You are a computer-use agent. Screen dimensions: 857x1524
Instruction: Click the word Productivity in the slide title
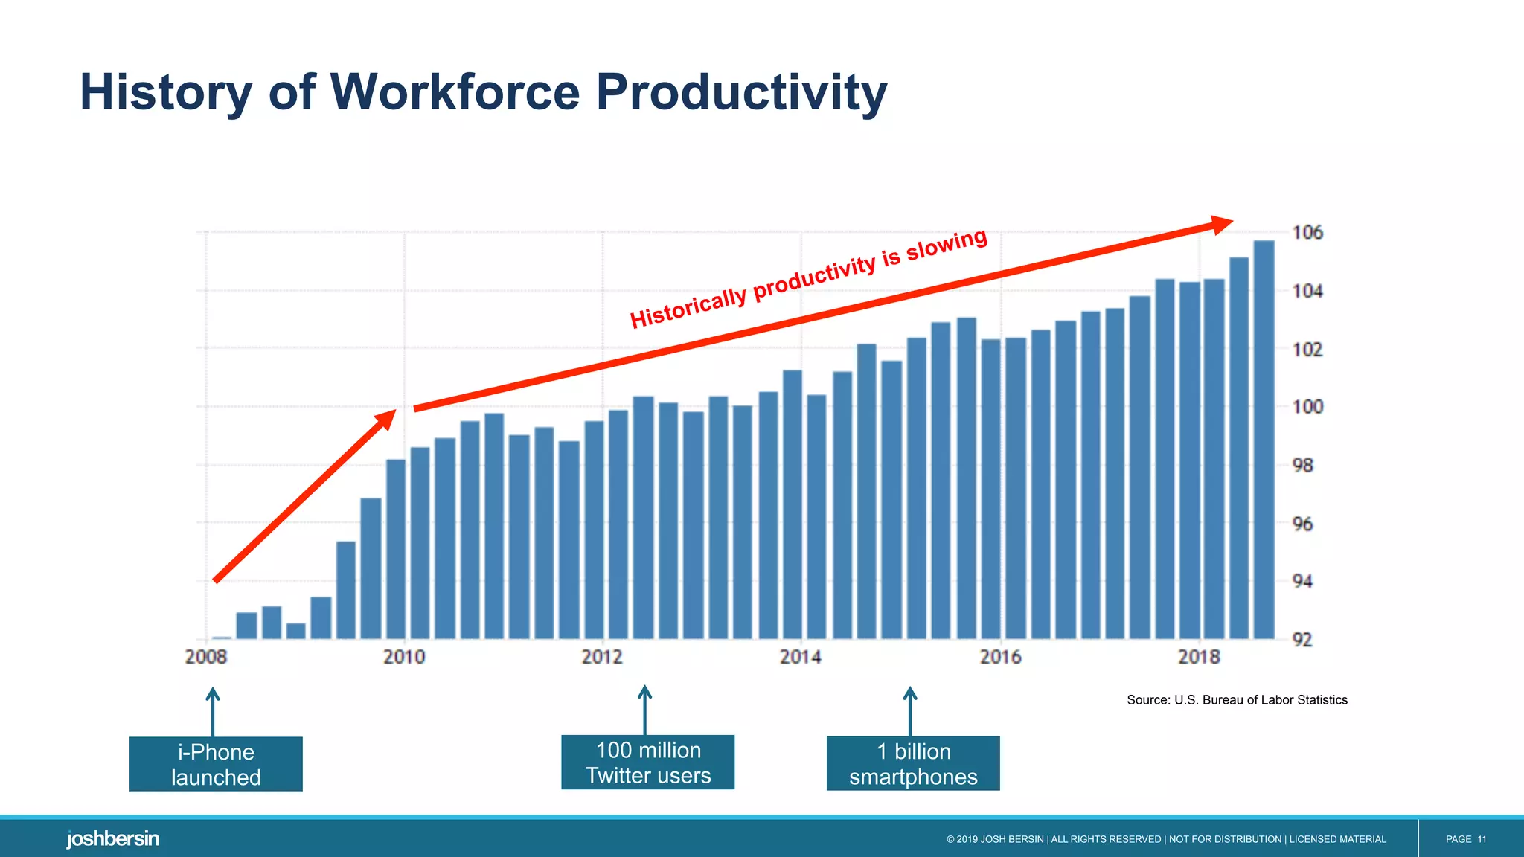[741, 92]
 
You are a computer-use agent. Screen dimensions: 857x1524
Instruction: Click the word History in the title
[166, 92]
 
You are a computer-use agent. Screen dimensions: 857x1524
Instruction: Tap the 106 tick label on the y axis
[1307, 233]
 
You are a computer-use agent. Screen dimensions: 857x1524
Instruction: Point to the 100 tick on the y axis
[1307, 407]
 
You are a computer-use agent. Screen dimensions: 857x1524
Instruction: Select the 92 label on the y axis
[1302, 640]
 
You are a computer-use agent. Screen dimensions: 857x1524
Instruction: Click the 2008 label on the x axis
[206, 657]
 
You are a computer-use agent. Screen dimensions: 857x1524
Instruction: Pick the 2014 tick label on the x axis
[801, 657]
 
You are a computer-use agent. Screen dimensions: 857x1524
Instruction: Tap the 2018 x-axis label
[1199, 657]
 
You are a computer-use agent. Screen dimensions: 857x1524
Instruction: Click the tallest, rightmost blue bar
[1264, 439]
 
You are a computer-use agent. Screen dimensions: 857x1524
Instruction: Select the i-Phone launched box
[216, 764]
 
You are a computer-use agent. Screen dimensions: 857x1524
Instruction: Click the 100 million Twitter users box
[647, 763]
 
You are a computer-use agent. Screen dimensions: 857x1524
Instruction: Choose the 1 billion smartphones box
[913, 763]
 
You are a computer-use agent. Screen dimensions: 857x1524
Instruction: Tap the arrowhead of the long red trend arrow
[1220, 224]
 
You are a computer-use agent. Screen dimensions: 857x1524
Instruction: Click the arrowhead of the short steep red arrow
[386, 420]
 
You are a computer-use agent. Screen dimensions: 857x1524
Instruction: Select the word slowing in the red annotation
[947, 245]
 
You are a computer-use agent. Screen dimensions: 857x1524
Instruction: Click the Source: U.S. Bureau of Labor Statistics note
[1237, 700]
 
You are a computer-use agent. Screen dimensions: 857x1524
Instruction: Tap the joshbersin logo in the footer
[113, 839]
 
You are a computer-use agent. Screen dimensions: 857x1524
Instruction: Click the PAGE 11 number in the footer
[1465, 839]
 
